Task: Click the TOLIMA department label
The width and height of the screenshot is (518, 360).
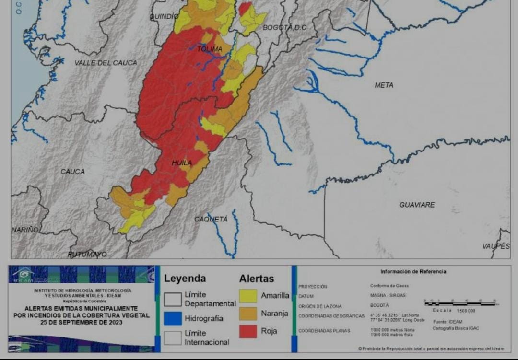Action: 210,49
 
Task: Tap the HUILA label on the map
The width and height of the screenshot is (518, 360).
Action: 182,163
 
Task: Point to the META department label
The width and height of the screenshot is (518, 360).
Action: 384,85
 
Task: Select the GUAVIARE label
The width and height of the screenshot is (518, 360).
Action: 417,205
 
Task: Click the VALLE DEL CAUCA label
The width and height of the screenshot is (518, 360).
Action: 106,63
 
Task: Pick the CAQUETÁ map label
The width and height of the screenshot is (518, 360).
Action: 211,219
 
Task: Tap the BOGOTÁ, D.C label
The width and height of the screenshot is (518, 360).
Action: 284,28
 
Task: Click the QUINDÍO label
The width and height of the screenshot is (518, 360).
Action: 164,16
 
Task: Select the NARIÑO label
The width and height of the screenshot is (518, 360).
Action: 25,230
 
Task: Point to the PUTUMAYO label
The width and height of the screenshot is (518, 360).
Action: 87,254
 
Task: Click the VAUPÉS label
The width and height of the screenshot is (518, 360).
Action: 496,246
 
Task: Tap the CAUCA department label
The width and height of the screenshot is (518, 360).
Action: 72,172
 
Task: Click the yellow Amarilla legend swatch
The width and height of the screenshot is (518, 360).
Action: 248,296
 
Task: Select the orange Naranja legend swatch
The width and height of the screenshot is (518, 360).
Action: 248,314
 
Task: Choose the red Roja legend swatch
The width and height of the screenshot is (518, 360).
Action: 248,331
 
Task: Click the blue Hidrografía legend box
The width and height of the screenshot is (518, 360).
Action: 173,318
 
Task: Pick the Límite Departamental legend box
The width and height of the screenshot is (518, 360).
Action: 173,299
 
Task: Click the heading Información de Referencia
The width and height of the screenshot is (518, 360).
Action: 413,272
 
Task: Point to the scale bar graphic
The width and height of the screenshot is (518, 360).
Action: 460,303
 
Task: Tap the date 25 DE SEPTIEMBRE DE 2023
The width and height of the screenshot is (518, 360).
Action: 81,323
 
